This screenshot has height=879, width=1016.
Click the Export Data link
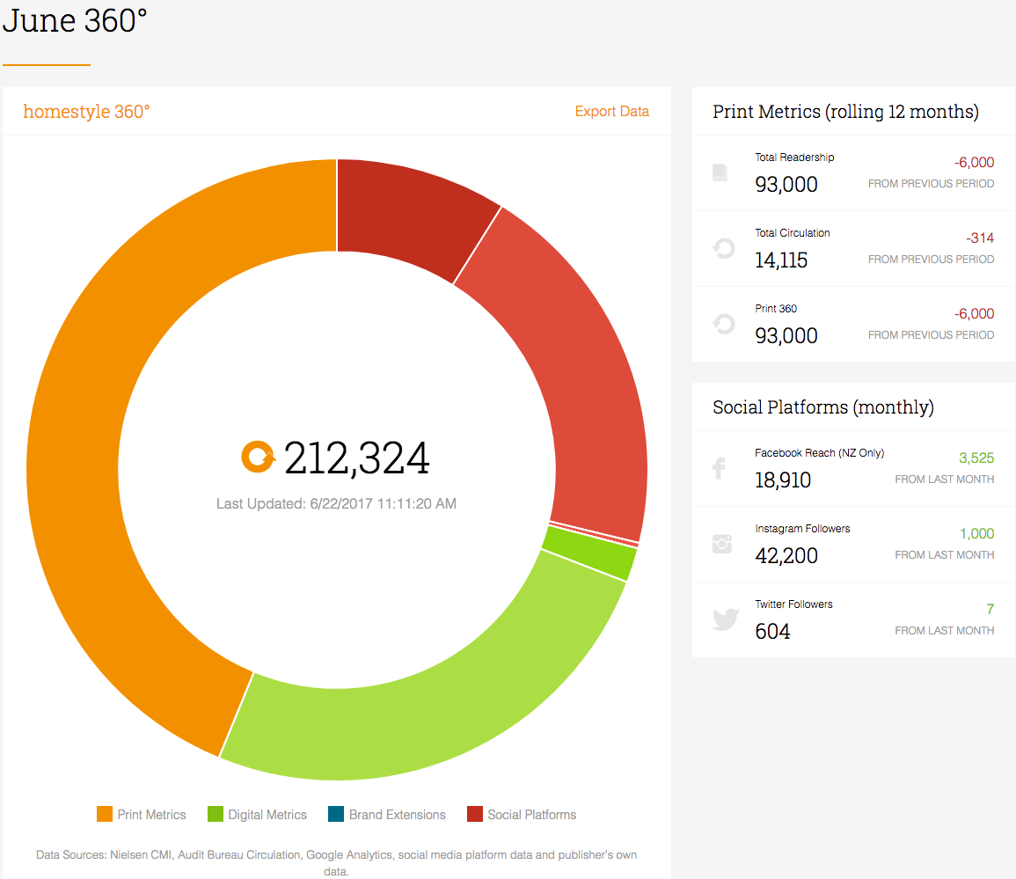point(611,112)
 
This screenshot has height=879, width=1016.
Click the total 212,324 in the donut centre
point(356,458)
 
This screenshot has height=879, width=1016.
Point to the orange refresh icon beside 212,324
point(258,457)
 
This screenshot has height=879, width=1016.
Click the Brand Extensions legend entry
point(387,814)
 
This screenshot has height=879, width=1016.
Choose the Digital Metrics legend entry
point(257,814)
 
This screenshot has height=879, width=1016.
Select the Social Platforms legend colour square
point(475,814)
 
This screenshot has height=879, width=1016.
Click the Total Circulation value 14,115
point(781,260)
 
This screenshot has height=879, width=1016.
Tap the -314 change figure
point(980,238)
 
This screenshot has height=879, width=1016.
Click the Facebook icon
point(720,468)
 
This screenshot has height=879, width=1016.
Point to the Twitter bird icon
point(725,619)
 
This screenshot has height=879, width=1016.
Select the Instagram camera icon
point(722,544)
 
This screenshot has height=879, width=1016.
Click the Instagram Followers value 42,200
point(786,556)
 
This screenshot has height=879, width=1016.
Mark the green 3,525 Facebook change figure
point(976,458)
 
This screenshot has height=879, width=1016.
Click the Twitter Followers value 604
point(772,632)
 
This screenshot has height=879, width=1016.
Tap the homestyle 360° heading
point(86,112)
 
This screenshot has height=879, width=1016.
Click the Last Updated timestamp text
point(336,503)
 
